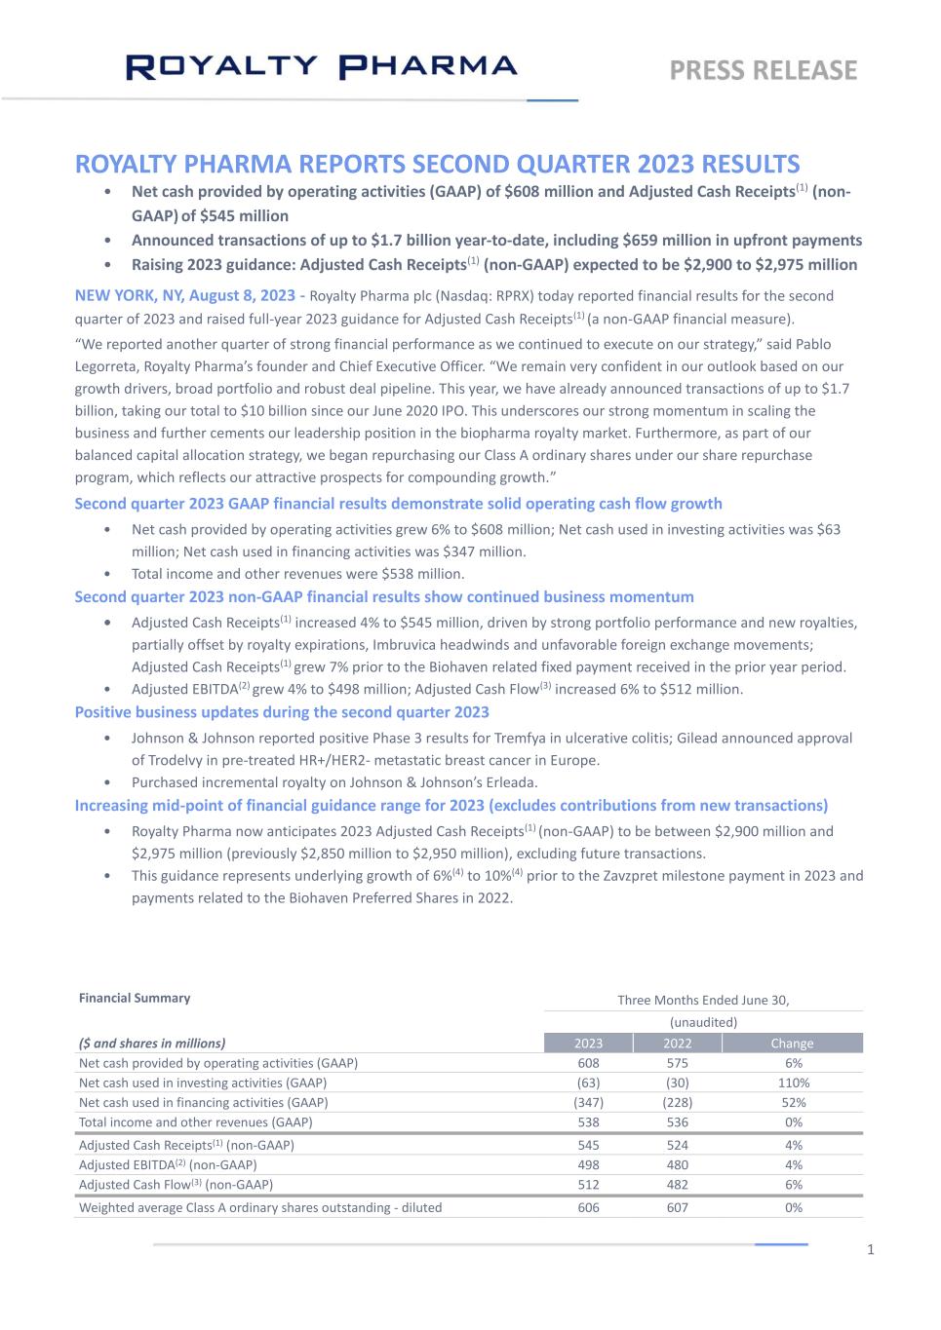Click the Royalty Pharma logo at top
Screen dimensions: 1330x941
point(322,66)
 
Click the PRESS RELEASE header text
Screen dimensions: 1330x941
point(763,70)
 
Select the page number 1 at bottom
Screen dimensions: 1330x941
point(871,1250)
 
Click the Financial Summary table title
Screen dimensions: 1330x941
point(135,998)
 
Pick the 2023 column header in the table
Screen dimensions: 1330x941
point(588,1043)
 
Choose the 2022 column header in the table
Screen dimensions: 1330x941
point(678,1043)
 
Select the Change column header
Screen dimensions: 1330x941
point(792,1043)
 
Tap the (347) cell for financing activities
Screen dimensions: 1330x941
point(588,1102)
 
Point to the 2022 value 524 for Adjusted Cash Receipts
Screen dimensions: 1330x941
point(678,1145)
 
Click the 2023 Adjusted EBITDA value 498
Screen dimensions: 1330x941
point(588,1164)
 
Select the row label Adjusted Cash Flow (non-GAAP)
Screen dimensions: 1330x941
point(176,1185)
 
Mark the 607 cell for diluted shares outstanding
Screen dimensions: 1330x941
point(678,1207)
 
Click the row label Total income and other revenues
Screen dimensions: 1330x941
point(195,1121)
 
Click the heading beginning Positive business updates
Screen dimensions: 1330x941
point(282,712)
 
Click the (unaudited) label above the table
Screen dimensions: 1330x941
point(703,1022)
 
